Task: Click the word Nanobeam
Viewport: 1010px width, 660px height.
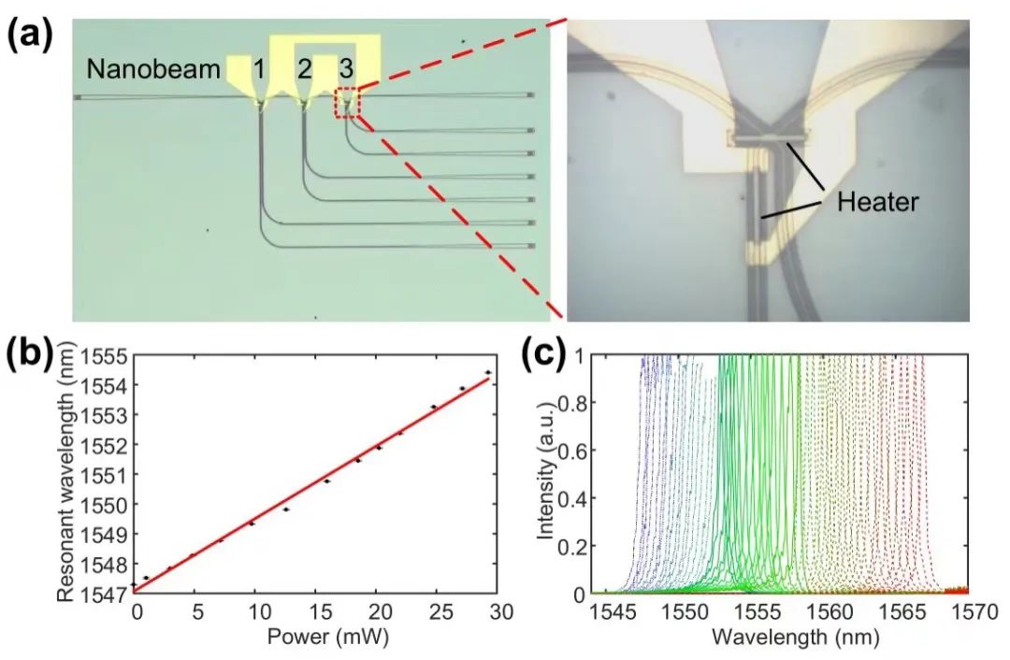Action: pos(155,68)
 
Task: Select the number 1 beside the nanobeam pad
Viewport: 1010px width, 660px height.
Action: pos(259,68)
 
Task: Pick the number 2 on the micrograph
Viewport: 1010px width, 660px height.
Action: pos(304,68)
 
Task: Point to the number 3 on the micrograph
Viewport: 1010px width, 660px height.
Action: pos(346,68)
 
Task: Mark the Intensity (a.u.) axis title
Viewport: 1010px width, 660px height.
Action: pos(548,475)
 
